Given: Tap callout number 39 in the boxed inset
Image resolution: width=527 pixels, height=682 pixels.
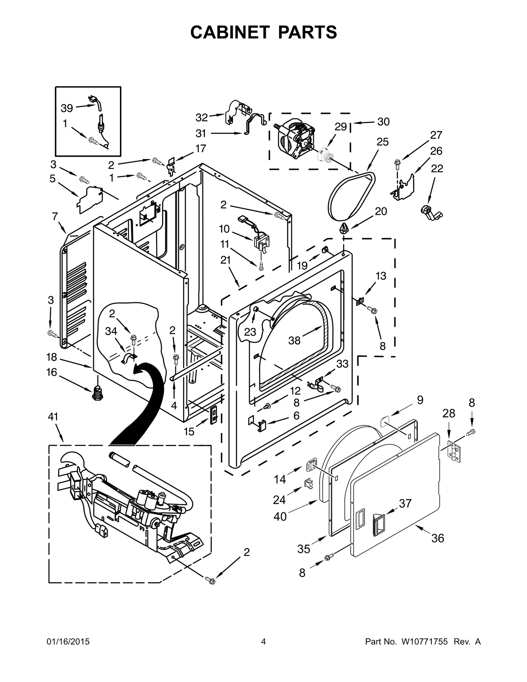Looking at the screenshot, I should click(x=67, y=108).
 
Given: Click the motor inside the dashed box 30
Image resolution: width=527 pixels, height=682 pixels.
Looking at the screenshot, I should click(x=293, y=139).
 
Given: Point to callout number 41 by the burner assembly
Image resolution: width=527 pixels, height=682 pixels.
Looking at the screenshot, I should click(x=53, y=417).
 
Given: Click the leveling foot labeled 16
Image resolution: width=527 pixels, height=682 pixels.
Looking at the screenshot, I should click(x=97, y=393).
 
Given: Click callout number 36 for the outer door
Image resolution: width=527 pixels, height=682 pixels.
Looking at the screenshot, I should click(x=438, y=538).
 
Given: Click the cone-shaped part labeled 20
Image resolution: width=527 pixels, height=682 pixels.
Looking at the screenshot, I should click(x=344, y=228).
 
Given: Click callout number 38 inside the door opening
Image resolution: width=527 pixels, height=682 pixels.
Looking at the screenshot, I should click(x=294, y=340).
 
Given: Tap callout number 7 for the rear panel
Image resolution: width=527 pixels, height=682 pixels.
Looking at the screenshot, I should click(x=55, y=216).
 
